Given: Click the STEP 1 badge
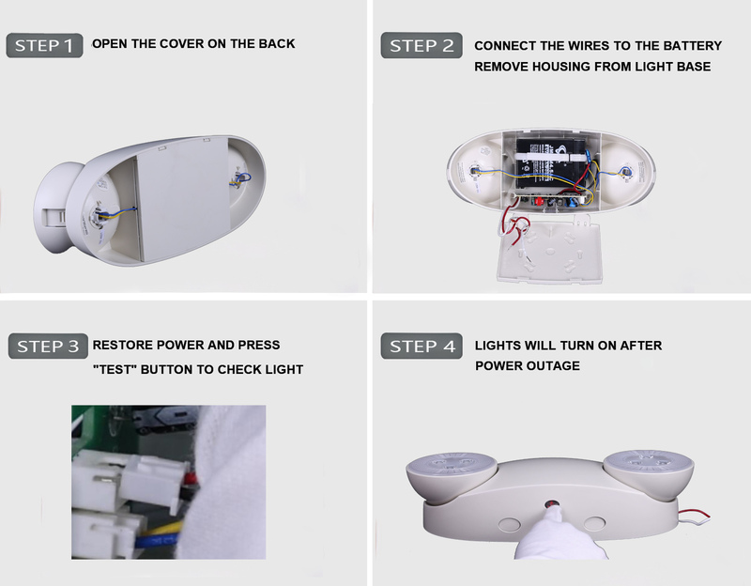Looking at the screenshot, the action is coord(44,45).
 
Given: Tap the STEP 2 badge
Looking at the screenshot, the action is coord(421,45).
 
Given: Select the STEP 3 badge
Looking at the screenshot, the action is coord(48,346).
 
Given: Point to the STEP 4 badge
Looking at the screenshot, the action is coord(421,346).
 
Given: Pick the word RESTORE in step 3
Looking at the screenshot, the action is coord(123,345).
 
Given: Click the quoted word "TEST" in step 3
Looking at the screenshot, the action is coord(115,369).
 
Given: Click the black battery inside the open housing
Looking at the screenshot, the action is coord(552,162).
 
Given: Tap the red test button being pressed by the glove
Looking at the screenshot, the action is coord(551,504).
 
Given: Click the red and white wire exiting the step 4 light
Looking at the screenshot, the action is coord(694,514).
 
